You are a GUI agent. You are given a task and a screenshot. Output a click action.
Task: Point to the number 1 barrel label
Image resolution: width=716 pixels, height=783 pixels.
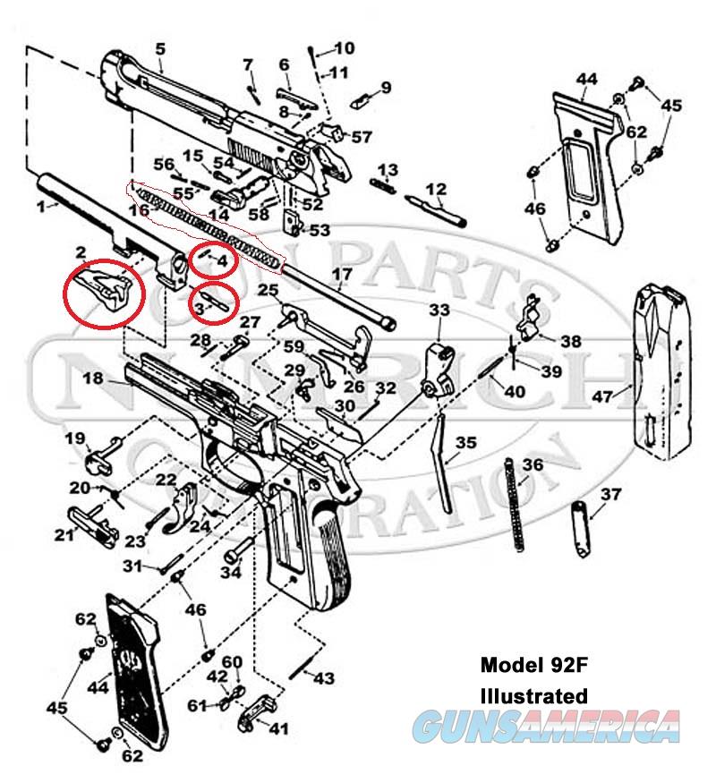point(39,206)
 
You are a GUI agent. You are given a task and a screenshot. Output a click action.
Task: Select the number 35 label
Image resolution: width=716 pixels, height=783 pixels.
point(465,443)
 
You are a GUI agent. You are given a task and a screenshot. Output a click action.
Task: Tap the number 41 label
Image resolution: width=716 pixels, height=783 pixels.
point(279,729)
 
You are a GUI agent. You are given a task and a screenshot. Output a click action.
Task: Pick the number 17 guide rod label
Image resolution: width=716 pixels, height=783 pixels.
point(343,272)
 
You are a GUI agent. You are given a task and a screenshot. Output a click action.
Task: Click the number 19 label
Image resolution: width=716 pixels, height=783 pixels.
point(74,438)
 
